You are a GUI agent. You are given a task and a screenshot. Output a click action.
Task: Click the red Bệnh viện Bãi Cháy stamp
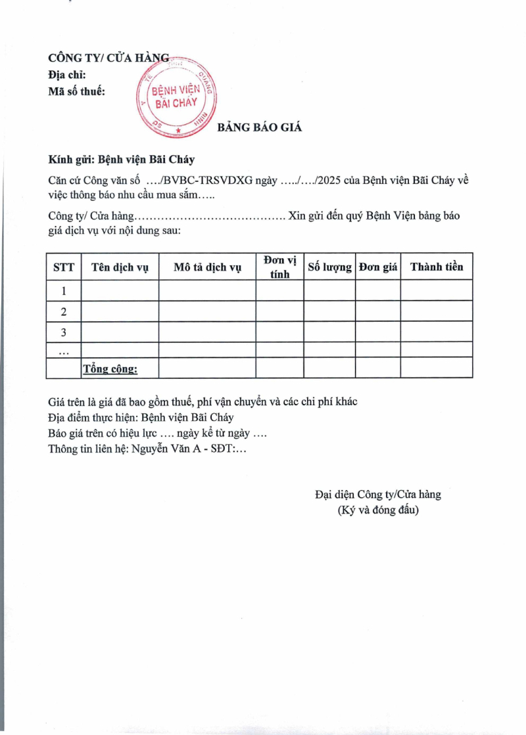click(x=176, y=97)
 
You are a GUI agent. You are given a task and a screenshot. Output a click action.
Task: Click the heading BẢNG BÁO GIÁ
click(x=260, y=127)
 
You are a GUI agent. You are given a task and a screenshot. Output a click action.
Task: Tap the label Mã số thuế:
click(x=76, y=91)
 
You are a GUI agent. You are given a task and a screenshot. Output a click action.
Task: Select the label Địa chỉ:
click(x=67, y=75)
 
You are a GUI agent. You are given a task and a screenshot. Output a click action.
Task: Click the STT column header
click(x=63, y=267)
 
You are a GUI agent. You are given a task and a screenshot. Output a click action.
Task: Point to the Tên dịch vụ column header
click(x=120, y=267)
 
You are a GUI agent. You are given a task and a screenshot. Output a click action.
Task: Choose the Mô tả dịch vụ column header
click(x=207, y=267)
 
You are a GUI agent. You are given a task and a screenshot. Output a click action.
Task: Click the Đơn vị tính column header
click(x=279, y=267)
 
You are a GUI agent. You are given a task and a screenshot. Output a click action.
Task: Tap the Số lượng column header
click(x=329, y=267)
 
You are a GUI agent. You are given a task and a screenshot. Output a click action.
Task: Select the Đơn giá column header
click(x=378, y=267)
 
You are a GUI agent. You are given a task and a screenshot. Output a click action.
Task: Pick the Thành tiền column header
click(x=437, y=267)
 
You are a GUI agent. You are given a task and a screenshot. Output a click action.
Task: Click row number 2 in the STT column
click(x=63, y=311)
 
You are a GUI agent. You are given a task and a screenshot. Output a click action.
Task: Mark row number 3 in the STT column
click(x=63, y=332)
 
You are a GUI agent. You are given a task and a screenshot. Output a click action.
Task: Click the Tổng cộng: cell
click(x=110, y=368)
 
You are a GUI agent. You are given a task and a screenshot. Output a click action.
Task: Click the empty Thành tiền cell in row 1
click(x=437, y=290)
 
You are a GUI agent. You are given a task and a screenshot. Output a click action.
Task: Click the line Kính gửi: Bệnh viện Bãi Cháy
click(x=122, y=160)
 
